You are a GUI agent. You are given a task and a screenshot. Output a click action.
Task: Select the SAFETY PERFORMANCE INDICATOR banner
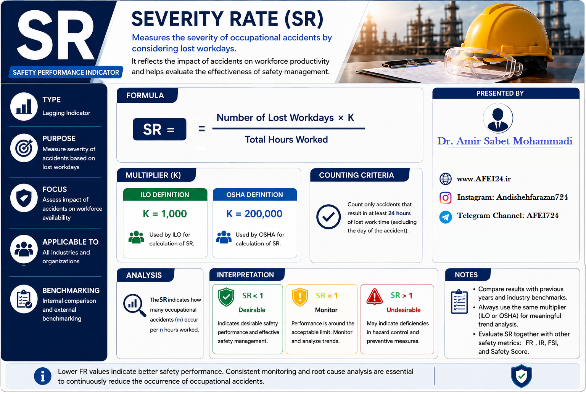[x=66, y=72]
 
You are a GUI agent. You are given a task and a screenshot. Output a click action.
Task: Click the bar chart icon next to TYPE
[x=24, y=107]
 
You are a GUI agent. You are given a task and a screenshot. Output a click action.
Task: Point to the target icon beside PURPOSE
[x=24, y=148]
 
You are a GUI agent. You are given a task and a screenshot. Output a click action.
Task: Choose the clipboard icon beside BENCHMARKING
[x=24, y=299]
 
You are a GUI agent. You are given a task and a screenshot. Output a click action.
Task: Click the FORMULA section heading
[x=145, y=96]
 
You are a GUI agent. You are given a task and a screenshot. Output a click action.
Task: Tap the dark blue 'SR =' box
[x=159, y=129]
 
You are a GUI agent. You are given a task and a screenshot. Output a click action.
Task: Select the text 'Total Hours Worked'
[x=286, y=139]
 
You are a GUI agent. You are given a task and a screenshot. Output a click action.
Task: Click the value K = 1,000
[x=165, y=214]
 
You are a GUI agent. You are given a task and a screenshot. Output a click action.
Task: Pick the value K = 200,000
[x=254, y=214]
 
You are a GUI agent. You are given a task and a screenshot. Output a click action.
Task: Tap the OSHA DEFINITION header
[x=255, y=195]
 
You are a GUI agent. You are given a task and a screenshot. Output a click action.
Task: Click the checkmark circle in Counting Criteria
[x=328, y=217]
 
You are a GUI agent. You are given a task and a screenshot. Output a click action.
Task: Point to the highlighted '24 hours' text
[x=399, y=213]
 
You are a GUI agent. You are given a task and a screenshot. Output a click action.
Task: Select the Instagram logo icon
[x=446, y=197]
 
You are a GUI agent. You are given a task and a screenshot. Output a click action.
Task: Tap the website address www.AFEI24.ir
[x=484, y=179]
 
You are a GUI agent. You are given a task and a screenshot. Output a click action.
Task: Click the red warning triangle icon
[x=375, y=297]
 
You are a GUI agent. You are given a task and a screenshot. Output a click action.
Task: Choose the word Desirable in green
[x=252, y=310]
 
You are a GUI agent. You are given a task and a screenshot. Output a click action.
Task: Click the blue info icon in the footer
[x=43, y=376]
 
